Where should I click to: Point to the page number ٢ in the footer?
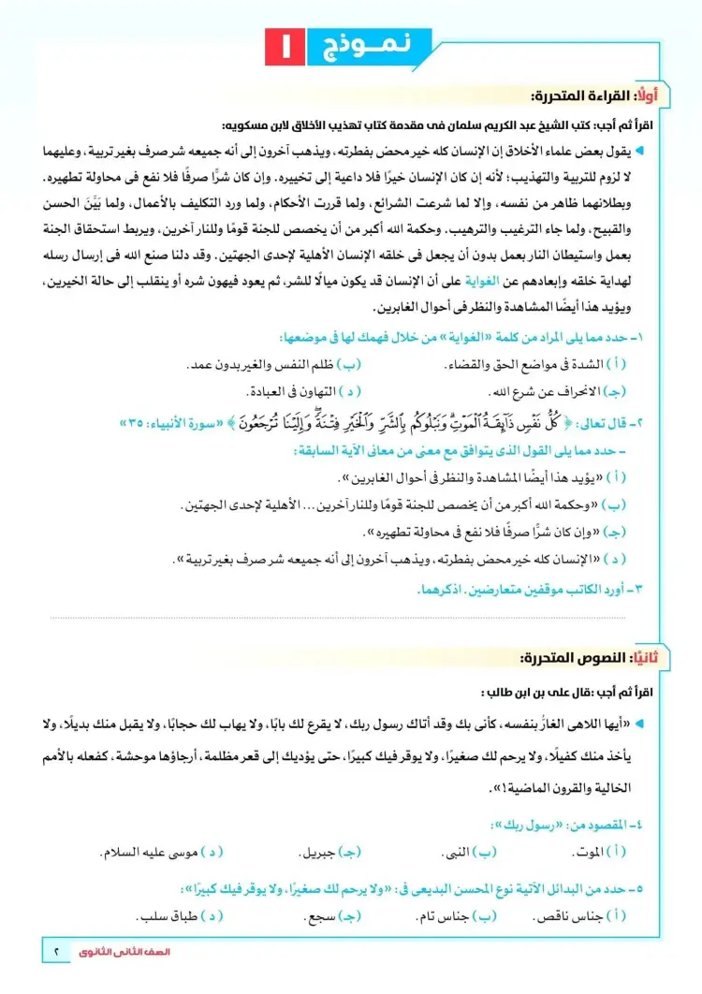click(56, 953)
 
